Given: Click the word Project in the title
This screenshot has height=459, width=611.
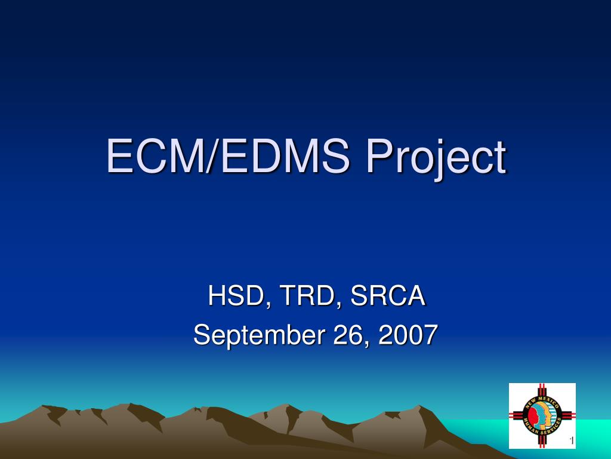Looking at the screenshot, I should pyautogui.click(x=436, y=157).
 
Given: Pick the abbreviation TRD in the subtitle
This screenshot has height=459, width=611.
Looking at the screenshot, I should pyautogui.click(x=304, y=296).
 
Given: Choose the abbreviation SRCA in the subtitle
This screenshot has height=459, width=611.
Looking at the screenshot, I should pyautogui.click(x=388, y=296).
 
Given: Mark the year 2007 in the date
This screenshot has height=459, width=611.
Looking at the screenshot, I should pyautogui.click(x=407, y=335).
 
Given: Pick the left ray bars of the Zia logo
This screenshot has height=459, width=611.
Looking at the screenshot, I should pyautogui.click(x=516, y=416).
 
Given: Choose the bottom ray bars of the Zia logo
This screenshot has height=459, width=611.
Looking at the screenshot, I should pyautogui.click(x=542, y=442).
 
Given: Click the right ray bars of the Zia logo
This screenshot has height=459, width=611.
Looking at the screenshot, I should pyautogui.click(x=569, y=416).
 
